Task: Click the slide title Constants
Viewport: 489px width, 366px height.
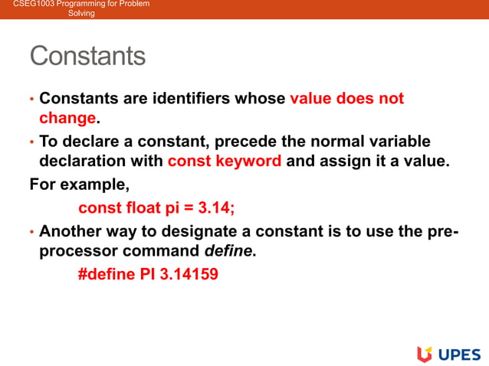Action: tap(87, 56)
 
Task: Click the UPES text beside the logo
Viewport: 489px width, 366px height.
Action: tap(458, 354)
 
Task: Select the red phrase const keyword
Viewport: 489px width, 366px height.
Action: tap(225, 161)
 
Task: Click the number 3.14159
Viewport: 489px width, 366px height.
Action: tap(189, 273)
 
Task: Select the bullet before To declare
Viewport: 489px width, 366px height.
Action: tap(31, 142)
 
